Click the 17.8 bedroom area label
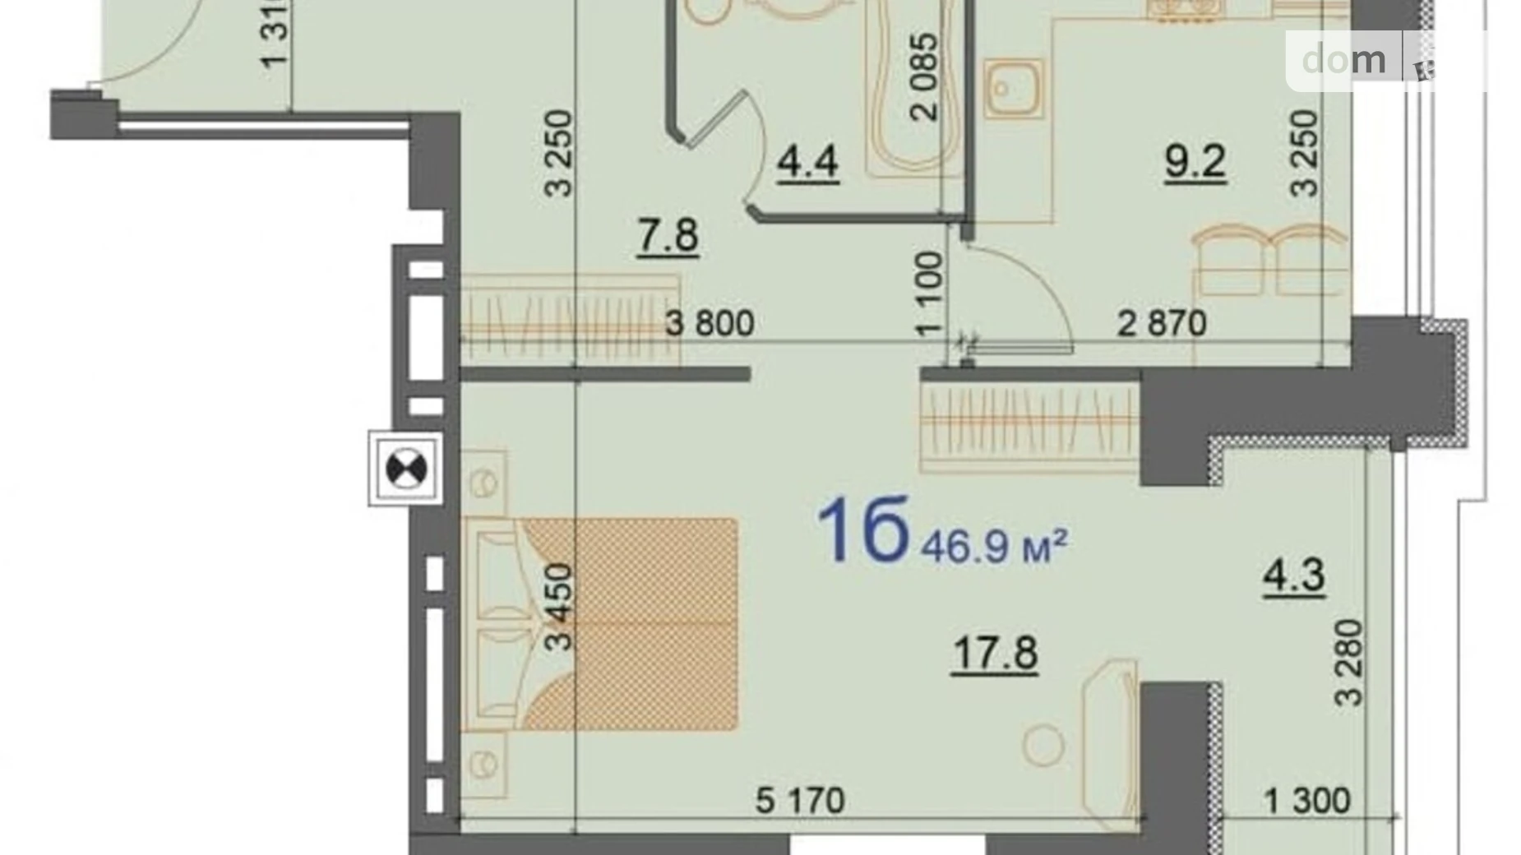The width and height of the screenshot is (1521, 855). point(994,654)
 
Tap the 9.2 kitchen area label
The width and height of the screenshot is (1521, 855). point(1195,162)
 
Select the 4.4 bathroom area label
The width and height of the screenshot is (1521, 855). point(807,161)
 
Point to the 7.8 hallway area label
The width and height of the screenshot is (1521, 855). point(668,236)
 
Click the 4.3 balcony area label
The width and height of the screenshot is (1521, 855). point(1293,575)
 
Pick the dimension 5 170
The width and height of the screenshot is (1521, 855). point(799,800)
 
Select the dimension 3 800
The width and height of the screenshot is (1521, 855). point(709,323)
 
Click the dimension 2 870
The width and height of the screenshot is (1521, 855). point(1161,323)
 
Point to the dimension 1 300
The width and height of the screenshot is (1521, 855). point(1306,800)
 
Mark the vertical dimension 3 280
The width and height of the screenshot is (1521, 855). point(1349,663)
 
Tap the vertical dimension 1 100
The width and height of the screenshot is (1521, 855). point(928,293)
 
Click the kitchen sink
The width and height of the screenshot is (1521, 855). point(1013,88)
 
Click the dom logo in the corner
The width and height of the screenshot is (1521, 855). point(1343,60)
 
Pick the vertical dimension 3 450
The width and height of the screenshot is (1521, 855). point(558,607)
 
